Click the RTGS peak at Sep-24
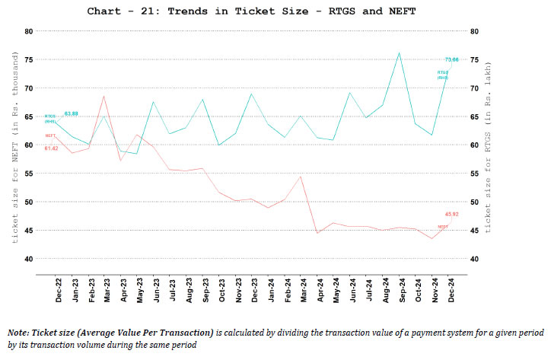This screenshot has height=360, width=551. point(400,53)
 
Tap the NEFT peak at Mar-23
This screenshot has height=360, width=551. point(104,96)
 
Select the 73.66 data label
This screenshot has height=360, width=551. point(452,59)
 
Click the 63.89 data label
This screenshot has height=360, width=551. point(72,113)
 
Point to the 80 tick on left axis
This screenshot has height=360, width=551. point(28,31)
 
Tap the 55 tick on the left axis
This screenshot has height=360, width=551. point(28,174)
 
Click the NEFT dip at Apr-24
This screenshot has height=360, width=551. point(317,233)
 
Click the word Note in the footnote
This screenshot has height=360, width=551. point(20,333)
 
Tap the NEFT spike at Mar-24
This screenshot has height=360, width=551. point(301,177)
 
